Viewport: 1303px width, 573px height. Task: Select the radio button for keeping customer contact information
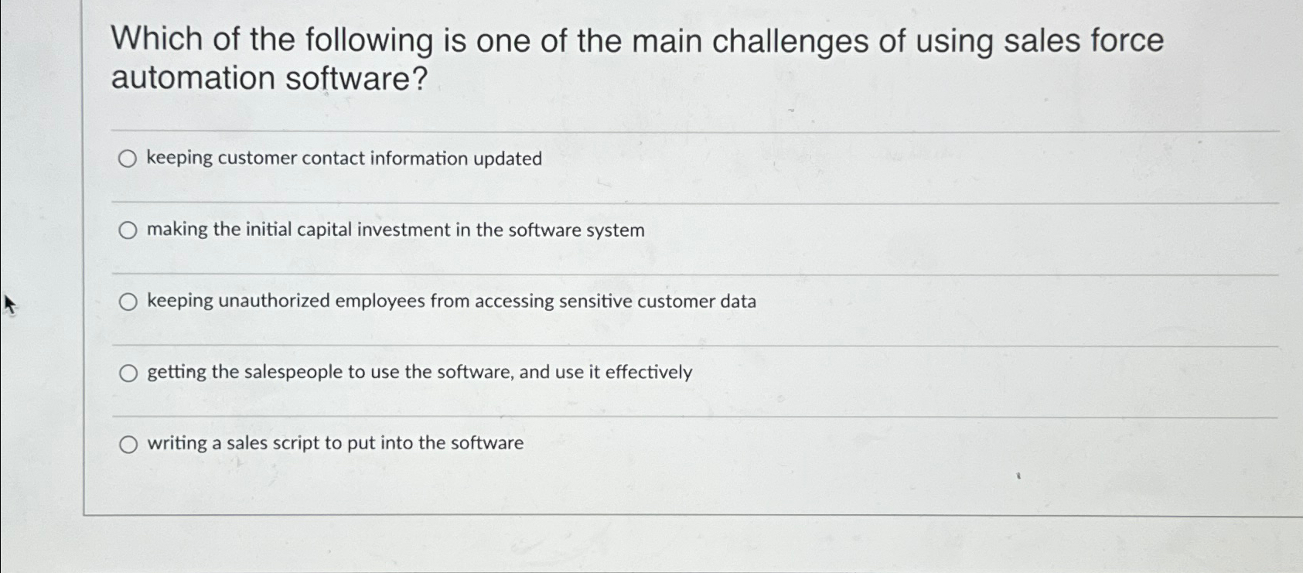(x=128, y=159)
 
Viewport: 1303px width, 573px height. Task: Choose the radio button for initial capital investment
(x=128, y=230)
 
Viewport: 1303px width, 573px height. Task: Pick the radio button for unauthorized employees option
(x=128, y=302)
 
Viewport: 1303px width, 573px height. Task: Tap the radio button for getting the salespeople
(x=128, y=373)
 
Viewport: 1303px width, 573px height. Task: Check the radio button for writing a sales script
(x=128, y=444)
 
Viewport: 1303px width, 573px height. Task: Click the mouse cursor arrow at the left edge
(x=9, y=304)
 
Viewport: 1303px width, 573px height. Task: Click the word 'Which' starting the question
(x=157, y=40)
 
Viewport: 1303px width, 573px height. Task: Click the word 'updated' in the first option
(x=507, y=159)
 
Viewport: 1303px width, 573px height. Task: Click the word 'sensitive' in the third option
(x=595, y=301)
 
